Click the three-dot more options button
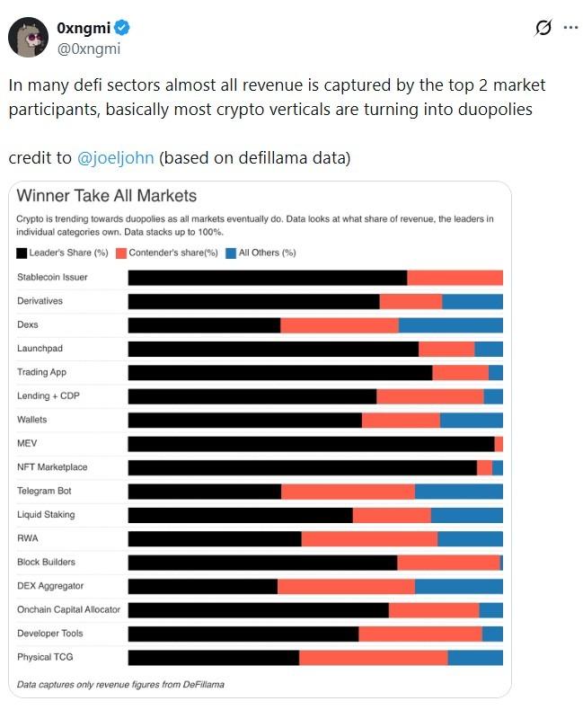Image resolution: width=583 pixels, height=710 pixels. click(x=570, y=28)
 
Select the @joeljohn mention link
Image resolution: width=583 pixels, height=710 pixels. click(x=117, y=158)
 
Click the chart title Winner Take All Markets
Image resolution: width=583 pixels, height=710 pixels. click(x=107, y=195)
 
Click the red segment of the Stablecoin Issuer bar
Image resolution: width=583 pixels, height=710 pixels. click(x=455, y=278)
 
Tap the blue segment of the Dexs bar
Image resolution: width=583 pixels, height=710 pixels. click(x=450, y=325)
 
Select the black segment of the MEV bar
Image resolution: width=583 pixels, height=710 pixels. click(x=311, y=444)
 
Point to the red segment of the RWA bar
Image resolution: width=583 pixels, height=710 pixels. click(x=369, y=539)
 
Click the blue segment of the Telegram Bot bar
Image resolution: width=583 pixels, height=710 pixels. click(x=458, y=492)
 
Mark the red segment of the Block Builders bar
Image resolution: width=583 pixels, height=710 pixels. click(x=448, y=563)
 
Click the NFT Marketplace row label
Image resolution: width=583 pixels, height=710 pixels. click(x=52, y=467)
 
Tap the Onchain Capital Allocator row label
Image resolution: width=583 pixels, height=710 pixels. click(x=68, y=609)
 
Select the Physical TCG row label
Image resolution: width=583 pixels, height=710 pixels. click(x=45, y=657)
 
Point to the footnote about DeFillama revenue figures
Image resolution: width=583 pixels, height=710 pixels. click(x=120, y=684)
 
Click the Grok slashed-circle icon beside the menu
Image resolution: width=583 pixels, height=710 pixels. click(x=543, y=28)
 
